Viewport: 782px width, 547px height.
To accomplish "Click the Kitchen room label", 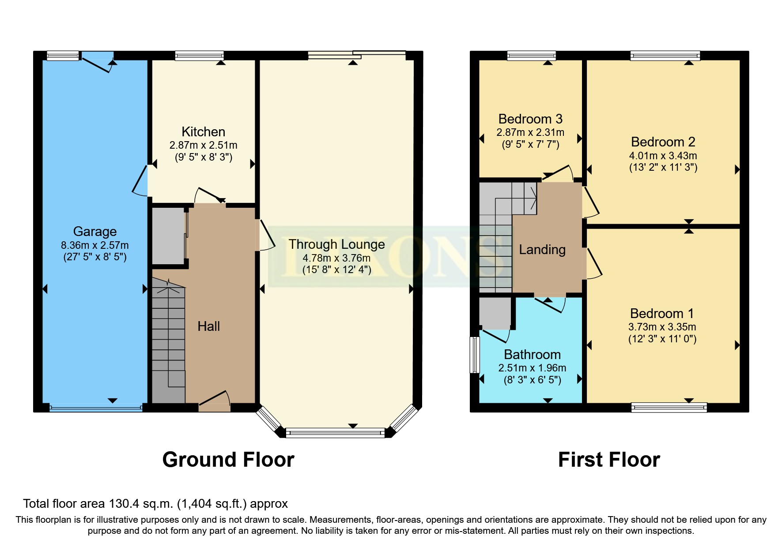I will coord(203,132).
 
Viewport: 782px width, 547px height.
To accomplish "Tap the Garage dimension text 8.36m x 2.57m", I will coord(94,245).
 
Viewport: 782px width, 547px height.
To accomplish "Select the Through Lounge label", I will coord(336,244).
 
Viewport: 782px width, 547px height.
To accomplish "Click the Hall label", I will coord(208,326).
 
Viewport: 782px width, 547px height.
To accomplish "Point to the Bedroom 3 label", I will coord(530,119).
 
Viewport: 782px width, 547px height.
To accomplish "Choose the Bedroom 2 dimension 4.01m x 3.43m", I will coord(663,156).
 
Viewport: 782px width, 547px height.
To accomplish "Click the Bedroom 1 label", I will coord(661,314).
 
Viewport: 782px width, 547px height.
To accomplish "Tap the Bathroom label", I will coord(532,355).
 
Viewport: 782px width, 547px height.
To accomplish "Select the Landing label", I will coord(542,250).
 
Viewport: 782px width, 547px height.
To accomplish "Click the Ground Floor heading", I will coord(228,460).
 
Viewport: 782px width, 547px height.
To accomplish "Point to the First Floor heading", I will coord(608,460).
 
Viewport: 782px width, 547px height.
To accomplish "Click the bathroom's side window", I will coord(475,355).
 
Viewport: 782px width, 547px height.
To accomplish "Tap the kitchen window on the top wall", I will coord(199,56).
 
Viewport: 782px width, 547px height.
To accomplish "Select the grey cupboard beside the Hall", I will coord(168,236).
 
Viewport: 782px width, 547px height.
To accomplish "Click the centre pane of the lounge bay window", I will coord(335,433).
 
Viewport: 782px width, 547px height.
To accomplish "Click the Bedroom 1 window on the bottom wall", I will coord(669,407).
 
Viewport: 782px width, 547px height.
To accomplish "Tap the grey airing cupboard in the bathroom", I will coord(495,313).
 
